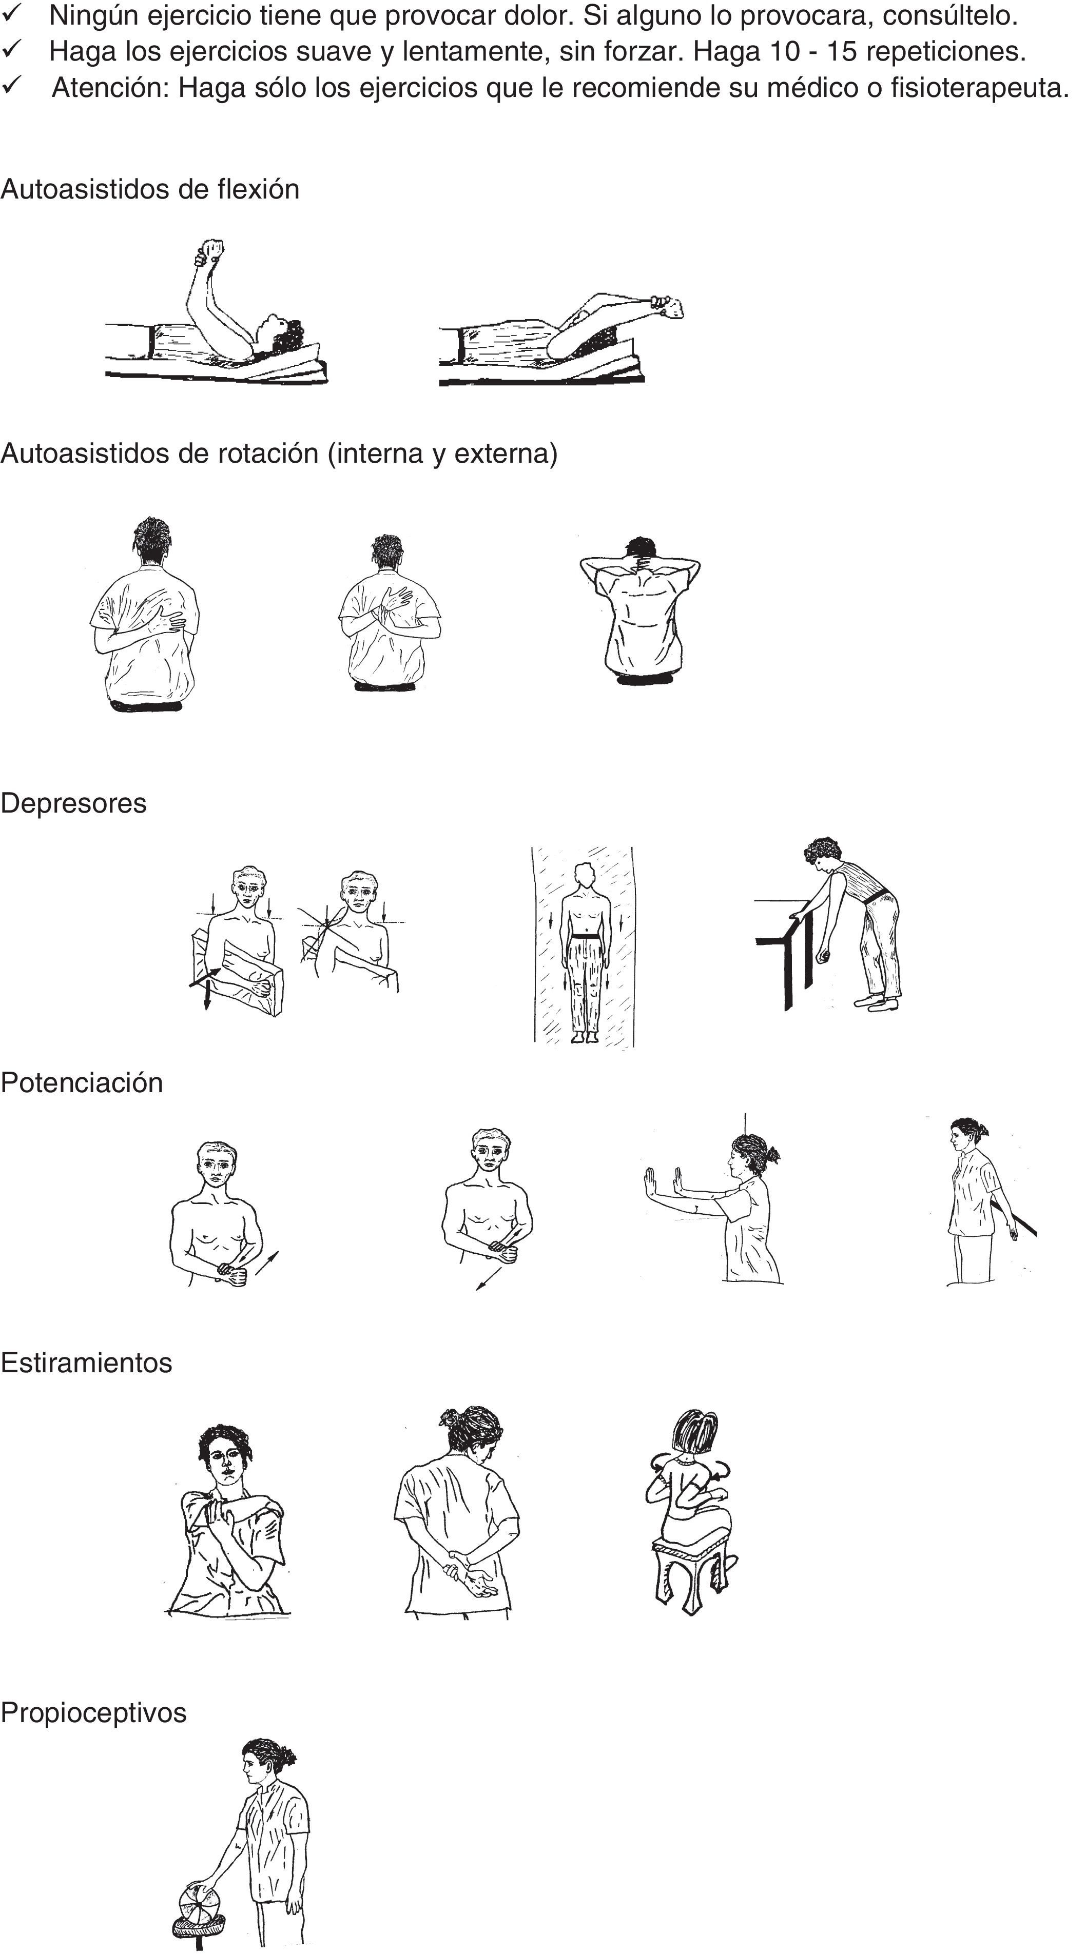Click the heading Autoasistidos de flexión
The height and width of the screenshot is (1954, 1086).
point(150,189)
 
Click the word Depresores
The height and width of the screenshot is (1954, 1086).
point(73,803)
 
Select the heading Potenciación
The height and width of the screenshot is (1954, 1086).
point(82,1082)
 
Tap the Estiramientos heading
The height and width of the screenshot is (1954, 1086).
point(87,1363)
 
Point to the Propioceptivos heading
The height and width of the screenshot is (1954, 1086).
point(93,1713)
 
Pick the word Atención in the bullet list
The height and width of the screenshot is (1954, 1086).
point(111,88)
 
